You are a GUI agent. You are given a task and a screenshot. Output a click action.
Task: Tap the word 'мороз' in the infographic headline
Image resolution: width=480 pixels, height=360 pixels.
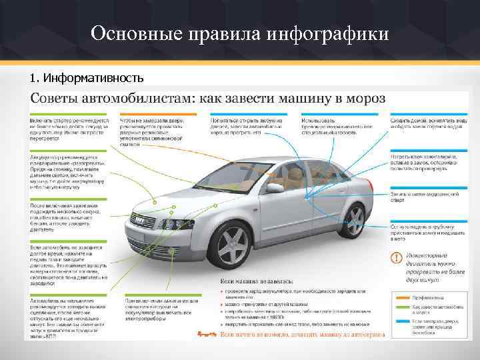click(x=364, y=99)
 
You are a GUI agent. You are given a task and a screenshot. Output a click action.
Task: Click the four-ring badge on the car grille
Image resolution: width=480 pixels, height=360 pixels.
click(x=138, y=219)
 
